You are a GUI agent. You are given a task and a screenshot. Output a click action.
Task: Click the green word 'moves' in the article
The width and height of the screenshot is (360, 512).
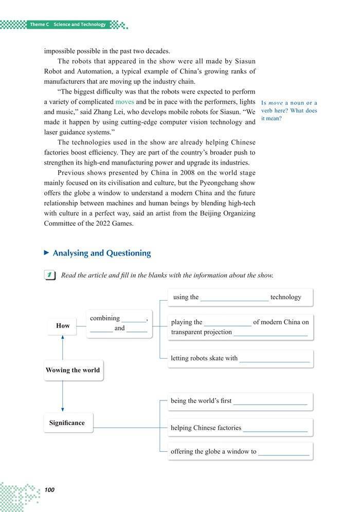(x=124, y=102)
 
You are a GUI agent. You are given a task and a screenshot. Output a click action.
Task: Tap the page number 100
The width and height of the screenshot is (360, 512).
(x=49, y=490)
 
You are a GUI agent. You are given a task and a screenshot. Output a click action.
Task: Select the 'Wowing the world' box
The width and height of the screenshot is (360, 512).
(x=73, y=370)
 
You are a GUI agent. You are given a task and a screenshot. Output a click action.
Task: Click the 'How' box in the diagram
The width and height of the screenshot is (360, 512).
(x=63, y=325)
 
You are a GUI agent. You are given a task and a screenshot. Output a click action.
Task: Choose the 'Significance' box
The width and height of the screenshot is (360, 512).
(x=67, y=423)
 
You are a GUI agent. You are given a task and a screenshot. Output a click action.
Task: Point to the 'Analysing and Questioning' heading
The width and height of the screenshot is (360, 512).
(x=102, y=253)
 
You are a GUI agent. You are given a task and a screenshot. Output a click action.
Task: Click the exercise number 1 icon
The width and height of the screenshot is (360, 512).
(x=50, y=276)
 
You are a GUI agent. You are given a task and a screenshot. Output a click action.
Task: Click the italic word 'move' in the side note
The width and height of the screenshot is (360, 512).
(x=276, y=103)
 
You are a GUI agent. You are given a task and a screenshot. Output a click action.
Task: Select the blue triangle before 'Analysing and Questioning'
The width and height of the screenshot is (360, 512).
(x=47, y=253)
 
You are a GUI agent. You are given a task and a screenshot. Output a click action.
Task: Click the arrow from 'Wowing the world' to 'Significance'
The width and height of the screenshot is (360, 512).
(x=62, y=396)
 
